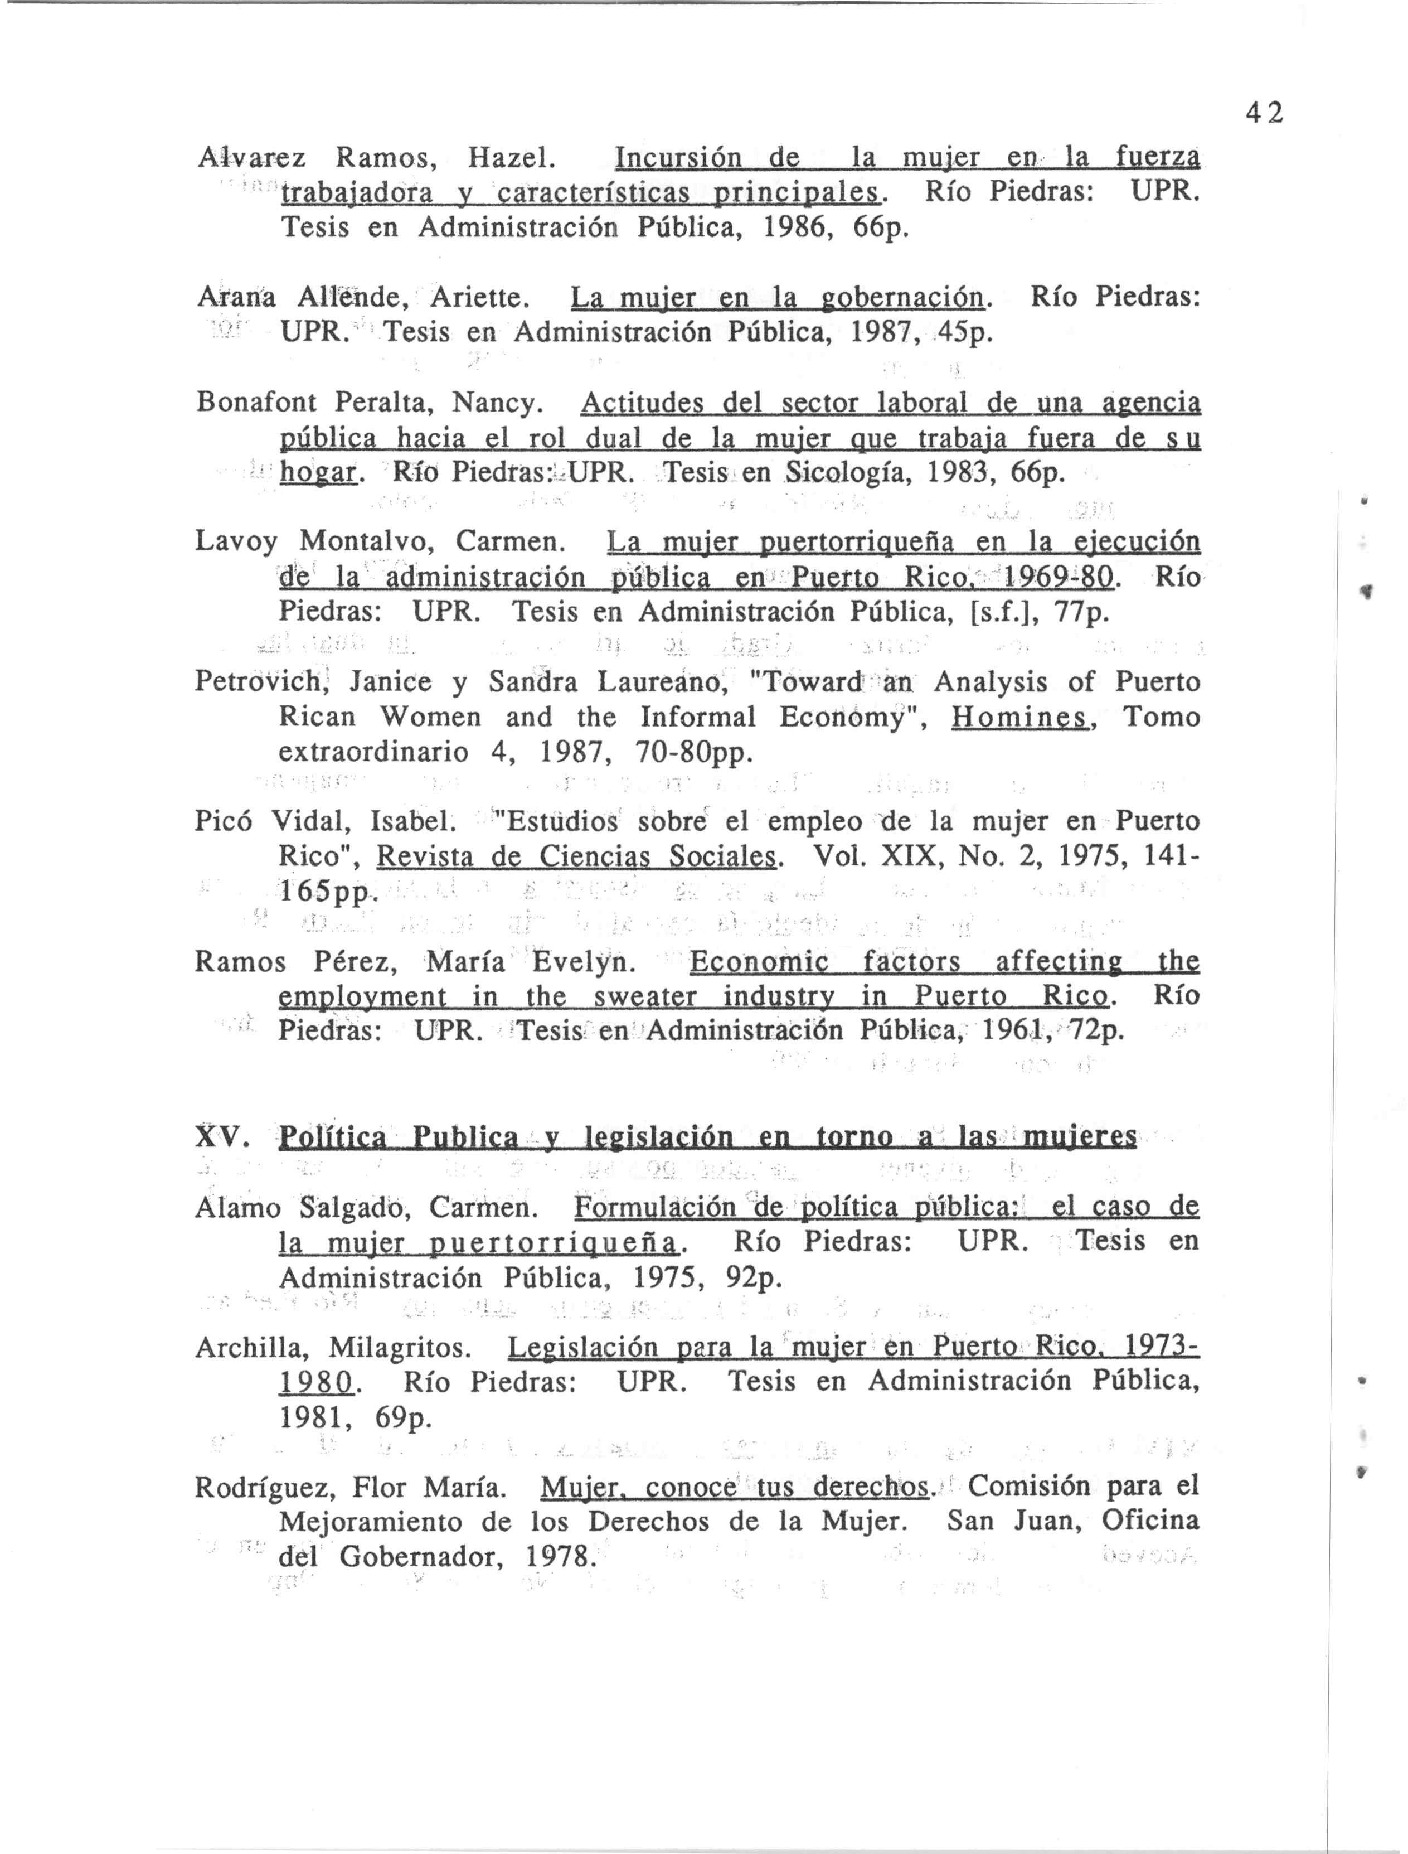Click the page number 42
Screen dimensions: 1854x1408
pos(1263,113)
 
